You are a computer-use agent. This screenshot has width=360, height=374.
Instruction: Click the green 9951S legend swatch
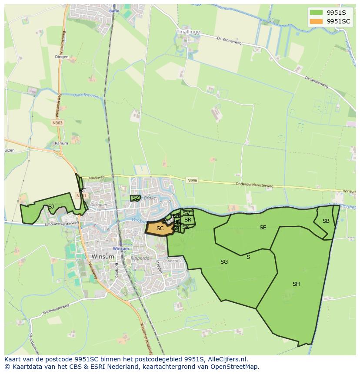point(316,13)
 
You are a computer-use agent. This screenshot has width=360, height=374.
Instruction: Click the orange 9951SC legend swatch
point(316,21)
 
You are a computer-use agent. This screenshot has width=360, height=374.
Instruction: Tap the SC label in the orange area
point(160,228)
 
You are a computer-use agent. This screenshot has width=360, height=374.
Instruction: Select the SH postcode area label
point(296,284)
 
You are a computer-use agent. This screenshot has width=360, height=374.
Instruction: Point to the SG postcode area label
point(224,262)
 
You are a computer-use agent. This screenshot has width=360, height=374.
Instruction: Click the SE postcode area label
point(263,228)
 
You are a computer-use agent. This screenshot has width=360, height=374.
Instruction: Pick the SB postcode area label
point(326,221)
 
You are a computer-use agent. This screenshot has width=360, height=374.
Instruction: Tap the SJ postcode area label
point(51,207)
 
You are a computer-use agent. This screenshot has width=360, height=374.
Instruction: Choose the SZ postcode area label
point(136,198)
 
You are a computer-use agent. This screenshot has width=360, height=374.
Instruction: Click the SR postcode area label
point(188,220)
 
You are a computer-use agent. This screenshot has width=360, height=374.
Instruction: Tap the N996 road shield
point(192,180)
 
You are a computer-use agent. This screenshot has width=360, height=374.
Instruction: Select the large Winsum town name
point(103,257)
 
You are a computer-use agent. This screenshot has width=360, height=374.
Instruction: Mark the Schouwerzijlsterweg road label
point(61,224)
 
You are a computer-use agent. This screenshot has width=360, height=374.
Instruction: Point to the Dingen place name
point(62,57)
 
